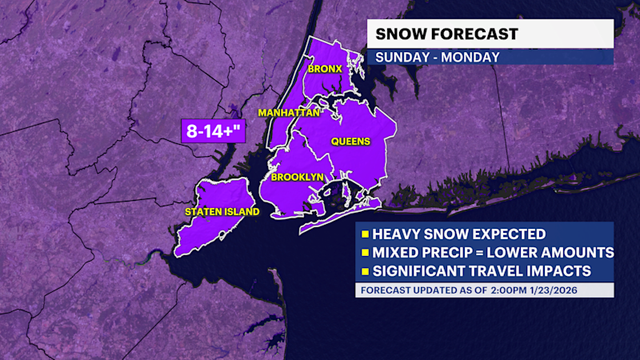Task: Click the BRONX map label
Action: (x=326, y=69)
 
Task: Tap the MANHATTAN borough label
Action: (x=289, y=113)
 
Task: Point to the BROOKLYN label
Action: (x=297, y=177)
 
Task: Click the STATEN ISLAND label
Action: (x=222, y=212)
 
